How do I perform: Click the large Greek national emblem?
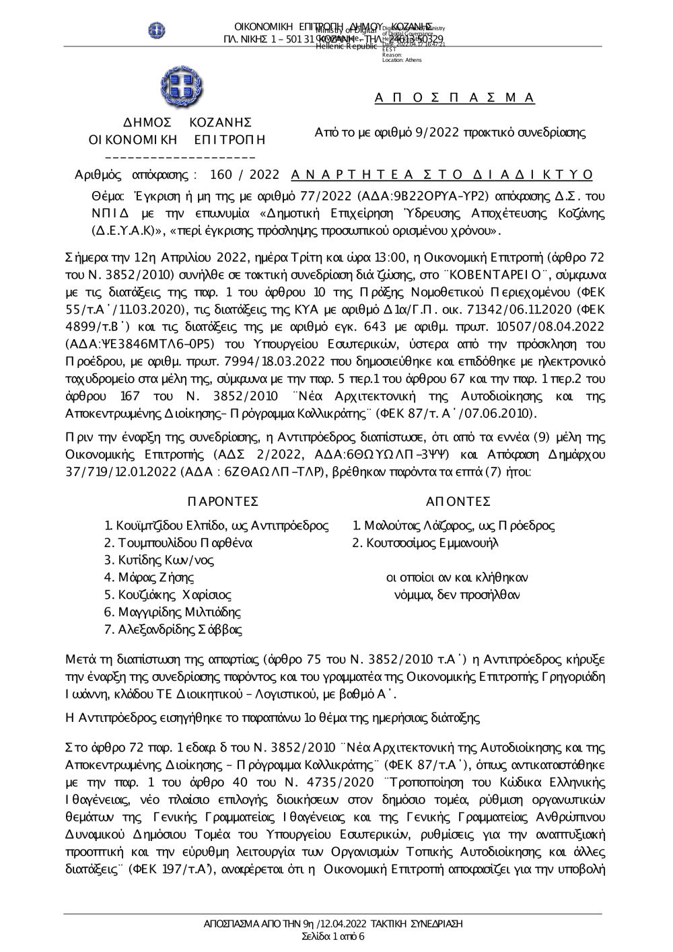click(x=178, y=86)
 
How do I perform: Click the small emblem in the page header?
click(x=157, y=30)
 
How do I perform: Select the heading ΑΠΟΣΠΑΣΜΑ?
click(x=455, y=98)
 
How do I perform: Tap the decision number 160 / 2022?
click(x=244, y=175)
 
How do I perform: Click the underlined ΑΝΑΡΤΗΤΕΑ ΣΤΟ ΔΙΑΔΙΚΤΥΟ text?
click(x=442, y=175)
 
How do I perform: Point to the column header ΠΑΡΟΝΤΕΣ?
click(x=223, y=502)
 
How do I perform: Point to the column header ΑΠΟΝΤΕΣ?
click(x=458, y=502)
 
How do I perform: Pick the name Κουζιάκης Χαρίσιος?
click(x=174, y=595)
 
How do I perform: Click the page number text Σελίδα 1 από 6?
click(x=333, y=937)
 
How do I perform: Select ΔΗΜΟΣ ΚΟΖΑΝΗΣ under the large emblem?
click(x=178, y=122)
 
